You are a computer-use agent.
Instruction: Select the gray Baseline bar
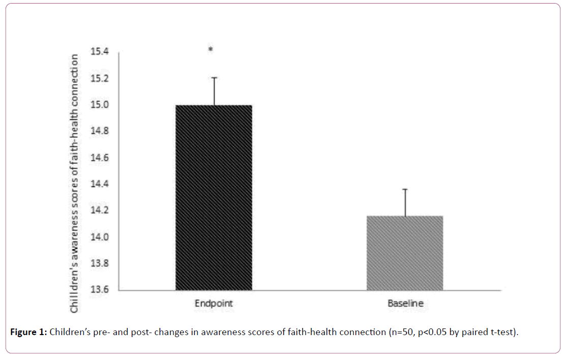tap(405, 253)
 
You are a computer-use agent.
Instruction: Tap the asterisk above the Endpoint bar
tap(211, 50)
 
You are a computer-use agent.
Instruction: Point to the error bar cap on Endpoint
tap(214, 78)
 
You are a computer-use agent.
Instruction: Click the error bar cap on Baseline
tap(405, 189)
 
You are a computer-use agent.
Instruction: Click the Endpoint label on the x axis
tap(214, 304)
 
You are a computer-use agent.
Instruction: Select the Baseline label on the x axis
tap(405, 304)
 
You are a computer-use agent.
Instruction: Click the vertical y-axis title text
tap(75, 183)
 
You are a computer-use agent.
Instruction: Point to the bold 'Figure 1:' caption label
tap(28, 333)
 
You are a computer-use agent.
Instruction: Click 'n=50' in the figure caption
tap(398, 333)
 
